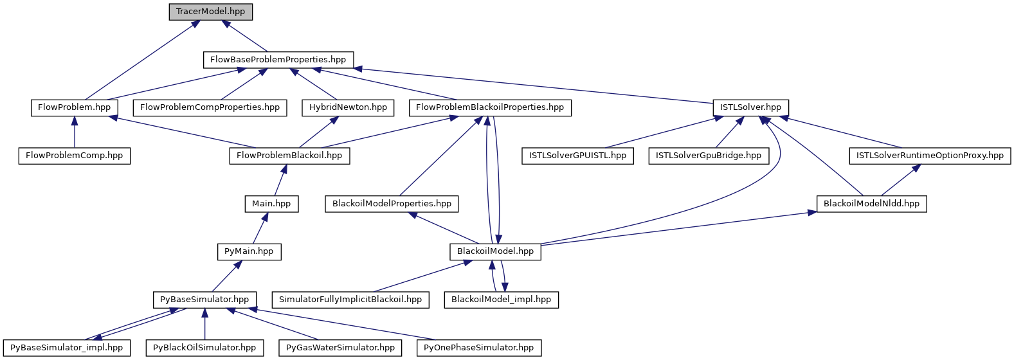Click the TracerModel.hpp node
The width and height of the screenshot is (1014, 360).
point(210,12)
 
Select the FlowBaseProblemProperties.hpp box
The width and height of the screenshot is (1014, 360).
point(278,60)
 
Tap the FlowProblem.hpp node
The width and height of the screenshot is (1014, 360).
point(75,107)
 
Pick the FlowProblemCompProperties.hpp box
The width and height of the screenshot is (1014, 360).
point(210,107)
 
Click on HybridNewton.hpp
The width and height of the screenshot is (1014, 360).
point(348,107)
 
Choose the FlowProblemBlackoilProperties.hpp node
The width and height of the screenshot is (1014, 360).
point(490,107)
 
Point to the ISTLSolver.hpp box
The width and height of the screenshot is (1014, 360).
point(750,107)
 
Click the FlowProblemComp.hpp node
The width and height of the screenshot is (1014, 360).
point(75,156)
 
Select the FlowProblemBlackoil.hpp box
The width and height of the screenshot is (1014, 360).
point(289,156)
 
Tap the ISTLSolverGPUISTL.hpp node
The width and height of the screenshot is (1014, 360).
point(577,156)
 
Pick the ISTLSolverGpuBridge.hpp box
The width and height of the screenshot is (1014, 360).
point(708,156)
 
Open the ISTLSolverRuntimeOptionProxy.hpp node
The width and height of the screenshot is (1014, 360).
point(930,156)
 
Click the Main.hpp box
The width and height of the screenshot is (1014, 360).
point(271,204)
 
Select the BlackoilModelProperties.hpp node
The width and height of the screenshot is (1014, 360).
point(392,204)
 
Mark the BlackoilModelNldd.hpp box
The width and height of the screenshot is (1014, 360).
point(871,204)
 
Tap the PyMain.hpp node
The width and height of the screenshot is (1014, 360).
point(249,251)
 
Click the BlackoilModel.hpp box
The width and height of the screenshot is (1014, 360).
point(495,251)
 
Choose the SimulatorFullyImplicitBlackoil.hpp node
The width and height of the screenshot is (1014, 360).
point(350,300)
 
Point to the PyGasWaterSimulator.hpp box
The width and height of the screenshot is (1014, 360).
point(340,348)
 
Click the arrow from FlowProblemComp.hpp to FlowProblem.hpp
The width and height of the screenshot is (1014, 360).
point(75,132)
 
